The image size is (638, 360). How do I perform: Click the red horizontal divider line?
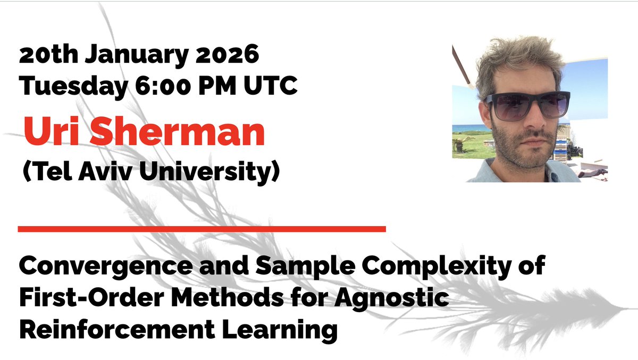point(202,229)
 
